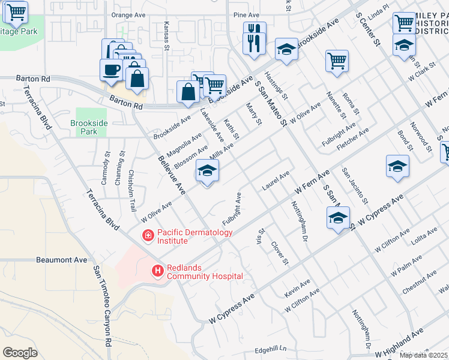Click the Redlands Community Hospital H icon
(158, 271)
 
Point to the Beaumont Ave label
(62, 260)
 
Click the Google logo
(20, 353)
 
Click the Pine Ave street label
(247, 14)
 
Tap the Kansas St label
(167, 37)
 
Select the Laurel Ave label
(276, 181)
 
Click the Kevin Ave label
(298, 287)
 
